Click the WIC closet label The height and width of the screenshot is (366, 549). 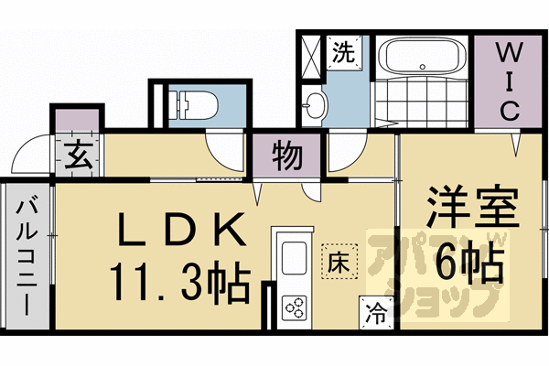coord(509,81)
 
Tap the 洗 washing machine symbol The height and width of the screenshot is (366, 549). coord(344,53)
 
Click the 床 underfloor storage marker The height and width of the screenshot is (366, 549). coord(337,260)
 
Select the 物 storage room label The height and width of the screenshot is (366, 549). coord(286,157)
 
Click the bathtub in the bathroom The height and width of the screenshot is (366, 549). coord(422,58)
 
